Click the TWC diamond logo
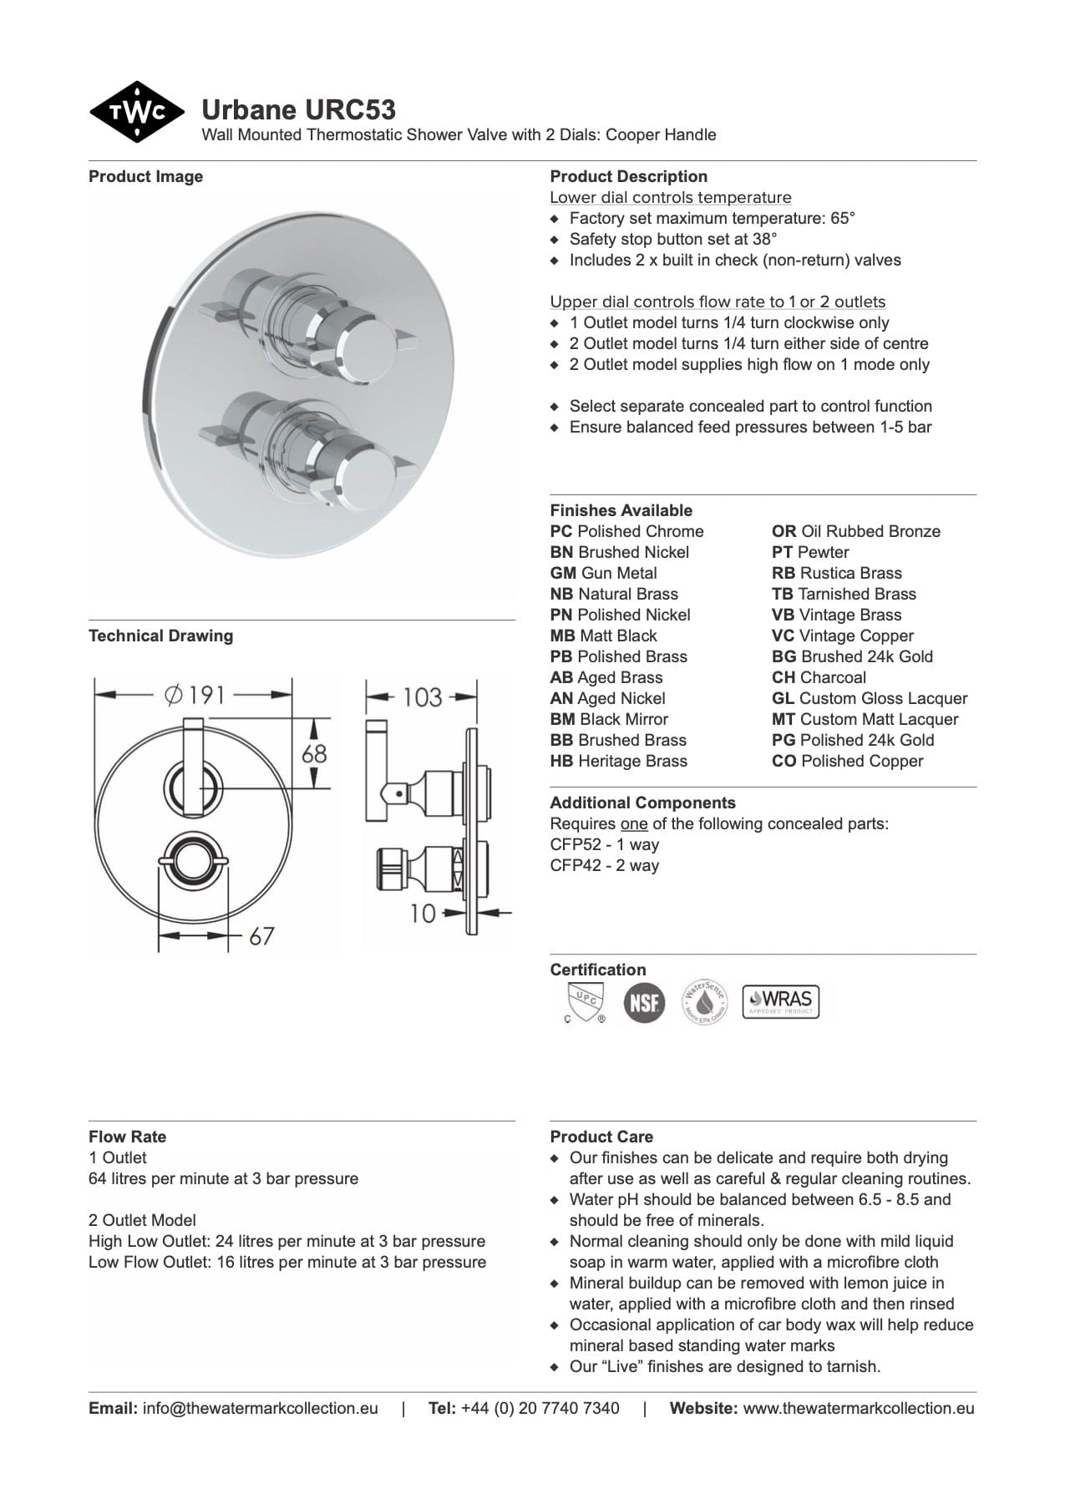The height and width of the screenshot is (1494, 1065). coord(136,112)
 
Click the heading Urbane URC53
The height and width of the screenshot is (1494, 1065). coord(298,109)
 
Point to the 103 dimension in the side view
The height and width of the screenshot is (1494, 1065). coord(422,696)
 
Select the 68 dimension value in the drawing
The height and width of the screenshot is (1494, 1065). coord(314,753)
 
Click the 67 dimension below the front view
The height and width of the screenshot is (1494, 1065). coord(261,935)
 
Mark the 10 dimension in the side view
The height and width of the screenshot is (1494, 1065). coord(423,913)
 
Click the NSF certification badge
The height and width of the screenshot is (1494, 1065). coord(644,1002)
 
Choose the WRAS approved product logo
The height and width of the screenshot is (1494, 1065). coord(781,1001)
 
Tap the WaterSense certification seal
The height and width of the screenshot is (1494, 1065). coord(704,1002)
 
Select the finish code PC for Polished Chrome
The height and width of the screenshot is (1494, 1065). coord(561,532)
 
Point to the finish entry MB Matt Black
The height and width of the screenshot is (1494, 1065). coord(603,636)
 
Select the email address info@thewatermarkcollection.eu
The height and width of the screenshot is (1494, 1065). coord(260,1409)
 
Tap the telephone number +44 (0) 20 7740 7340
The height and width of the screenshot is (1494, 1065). coord(540,1409)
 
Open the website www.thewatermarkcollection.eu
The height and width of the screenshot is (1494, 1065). coord(858,1409)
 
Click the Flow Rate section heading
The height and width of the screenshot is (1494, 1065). coord(127,1137)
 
